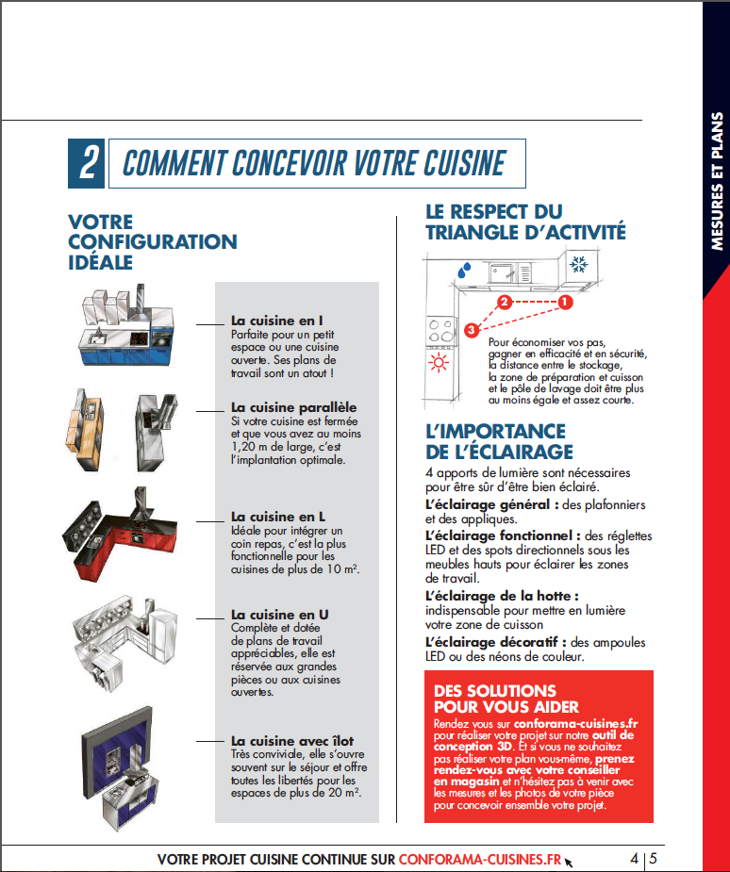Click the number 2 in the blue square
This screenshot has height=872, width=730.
point(87,163)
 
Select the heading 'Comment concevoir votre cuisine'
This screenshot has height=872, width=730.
point(314,163)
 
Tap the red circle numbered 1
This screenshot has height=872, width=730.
point(565,303)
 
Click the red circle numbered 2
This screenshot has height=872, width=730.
point(505,303)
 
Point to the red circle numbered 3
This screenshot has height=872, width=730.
point(471,328)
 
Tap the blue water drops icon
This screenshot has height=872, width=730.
point(462,270)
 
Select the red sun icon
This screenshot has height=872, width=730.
point(439,365)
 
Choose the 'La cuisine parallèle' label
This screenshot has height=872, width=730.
point(293,407)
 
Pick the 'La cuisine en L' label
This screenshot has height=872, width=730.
point(278,517)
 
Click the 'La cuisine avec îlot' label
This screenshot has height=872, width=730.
point(292,741)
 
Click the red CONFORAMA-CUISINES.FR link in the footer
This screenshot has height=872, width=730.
point(480,859)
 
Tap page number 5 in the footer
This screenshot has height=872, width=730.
point(654,859)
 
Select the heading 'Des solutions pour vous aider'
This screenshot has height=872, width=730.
point(505,699)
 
